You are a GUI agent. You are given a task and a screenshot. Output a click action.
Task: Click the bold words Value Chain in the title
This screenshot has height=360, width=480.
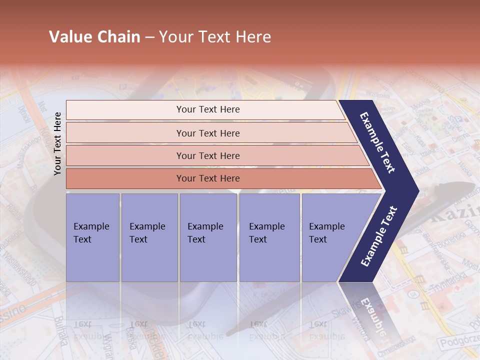click(94, 37)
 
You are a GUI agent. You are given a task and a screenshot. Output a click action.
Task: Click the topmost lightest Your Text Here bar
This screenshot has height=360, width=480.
click(207, 109)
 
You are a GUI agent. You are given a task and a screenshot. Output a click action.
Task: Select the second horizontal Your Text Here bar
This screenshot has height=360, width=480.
click(207, 133)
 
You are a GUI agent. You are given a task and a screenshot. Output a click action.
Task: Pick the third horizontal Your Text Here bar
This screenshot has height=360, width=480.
click(207, 155)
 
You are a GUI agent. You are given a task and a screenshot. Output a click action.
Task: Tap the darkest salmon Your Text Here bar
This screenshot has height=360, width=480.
click(207, 178)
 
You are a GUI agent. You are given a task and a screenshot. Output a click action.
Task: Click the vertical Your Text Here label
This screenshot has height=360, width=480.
click(57, 143)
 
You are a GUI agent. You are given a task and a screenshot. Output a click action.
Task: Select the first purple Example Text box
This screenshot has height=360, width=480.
click(92, 237)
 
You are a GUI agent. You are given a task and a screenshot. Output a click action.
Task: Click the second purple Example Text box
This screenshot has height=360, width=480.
click(149, 237)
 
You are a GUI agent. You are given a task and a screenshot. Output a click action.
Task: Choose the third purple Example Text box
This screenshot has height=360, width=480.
click(208, 237)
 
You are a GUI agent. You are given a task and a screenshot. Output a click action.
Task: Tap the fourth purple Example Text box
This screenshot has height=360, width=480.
click(269, 237)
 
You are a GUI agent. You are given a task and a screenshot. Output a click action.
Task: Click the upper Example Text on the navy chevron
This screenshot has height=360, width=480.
click(377, 142)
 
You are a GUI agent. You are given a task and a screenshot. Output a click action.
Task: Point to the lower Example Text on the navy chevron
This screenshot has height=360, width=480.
click(379, 236)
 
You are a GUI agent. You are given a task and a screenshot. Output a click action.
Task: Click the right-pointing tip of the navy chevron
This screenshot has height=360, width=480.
click(416, 190)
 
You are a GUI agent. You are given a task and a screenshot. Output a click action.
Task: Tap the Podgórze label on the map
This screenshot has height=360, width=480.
click(457, 342)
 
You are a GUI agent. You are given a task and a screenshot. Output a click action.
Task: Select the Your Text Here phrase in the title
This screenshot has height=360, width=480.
click(215, 37)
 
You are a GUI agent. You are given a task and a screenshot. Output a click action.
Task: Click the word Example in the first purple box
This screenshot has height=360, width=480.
click(91, 226)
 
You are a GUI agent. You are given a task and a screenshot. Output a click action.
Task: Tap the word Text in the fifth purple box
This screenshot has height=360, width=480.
click(317, 239)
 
